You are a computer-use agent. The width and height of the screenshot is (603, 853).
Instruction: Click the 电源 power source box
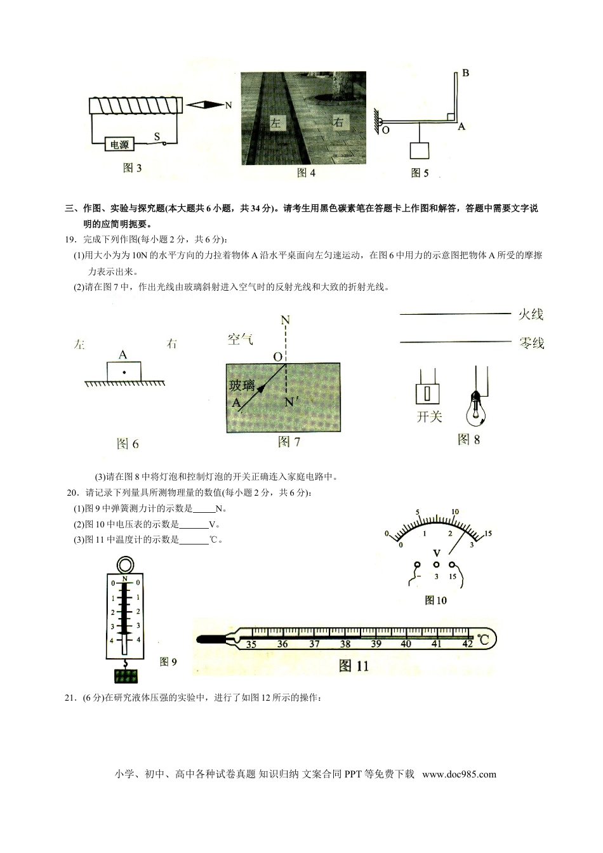coord(119,145)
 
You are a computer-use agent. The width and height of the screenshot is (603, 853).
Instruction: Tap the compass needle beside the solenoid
coord(206,105)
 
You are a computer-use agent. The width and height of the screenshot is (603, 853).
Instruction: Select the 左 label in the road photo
coord(275,122)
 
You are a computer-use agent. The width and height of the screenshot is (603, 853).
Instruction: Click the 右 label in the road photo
coord(338,122)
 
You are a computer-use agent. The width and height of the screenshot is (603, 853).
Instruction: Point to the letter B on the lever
coord(465,73)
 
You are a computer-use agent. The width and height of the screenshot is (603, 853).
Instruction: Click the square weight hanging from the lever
coord(420,150)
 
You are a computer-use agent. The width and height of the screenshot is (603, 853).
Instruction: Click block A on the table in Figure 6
coord(124,371)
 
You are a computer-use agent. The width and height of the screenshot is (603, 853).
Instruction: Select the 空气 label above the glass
coord(241,340)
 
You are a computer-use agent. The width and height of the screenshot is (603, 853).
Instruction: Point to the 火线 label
coord(531,314)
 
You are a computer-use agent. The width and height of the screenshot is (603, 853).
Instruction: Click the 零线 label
coord(531,343)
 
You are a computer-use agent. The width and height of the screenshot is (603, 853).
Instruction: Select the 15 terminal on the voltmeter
coord(452,564)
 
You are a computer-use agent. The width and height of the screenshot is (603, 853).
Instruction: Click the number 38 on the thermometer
coord(345,644)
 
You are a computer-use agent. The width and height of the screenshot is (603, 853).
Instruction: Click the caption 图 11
coord(354,666)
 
